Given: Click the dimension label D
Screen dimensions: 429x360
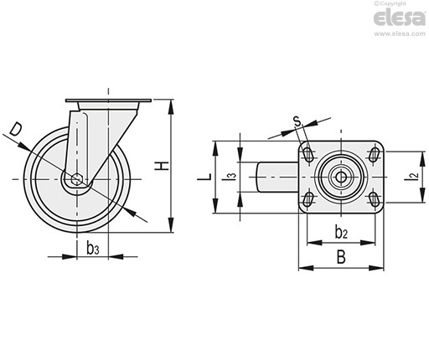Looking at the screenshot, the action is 16,130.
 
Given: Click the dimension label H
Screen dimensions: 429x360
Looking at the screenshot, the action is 163,166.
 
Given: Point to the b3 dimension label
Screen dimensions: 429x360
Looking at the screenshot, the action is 93,248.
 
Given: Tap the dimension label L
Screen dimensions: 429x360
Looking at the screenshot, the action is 204,177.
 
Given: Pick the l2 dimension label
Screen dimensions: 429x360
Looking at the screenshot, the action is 416,176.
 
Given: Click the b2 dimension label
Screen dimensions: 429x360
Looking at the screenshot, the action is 341,233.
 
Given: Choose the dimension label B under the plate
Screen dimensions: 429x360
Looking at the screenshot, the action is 341,257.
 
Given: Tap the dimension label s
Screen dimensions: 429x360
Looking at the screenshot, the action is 297,121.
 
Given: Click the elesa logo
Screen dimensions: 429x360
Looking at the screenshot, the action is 400,18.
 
